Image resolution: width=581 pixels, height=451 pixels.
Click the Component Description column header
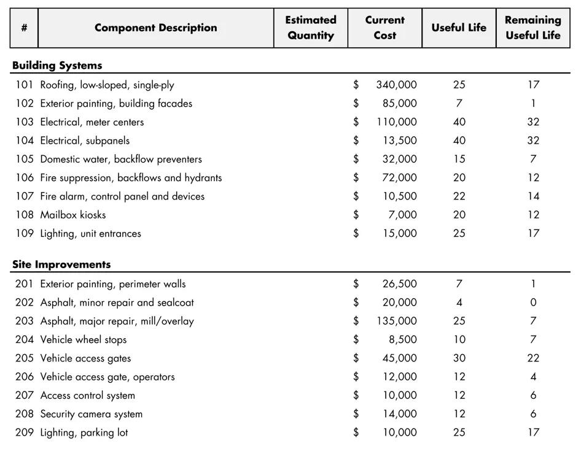155,28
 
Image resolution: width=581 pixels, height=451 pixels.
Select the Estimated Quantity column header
311,28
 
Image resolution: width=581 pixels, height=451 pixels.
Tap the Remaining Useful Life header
533,28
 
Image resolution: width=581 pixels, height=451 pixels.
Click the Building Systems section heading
57,66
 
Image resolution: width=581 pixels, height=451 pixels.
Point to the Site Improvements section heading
61,265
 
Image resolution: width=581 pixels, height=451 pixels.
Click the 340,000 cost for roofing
396,85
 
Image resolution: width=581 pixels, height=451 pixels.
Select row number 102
25,104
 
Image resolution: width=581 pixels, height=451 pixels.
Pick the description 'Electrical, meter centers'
92,122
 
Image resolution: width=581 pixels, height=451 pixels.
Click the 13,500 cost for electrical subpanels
399,141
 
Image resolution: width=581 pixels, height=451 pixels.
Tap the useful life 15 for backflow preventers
459,160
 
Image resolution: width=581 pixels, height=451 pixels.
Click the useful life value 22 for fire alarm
459,196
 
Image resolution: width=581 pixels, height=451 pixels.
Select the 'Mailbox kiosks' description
73,215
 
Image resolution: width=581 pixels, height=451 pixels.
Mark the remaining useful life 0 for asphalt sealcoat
533,303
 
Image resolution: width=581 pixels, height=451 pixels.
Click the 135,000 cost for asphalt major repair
396,321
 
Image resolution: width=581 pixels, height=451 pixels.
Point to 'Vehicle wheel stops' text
84,340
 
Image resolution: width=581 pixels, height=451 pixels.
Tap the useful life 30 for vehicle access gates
459,358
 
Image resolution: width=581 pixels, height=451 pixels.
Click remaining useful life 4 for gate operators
533,377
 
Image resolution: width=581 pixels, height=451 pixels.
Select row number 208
25,414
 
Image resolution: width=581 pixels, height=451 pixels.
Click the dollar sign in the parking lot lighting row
356,433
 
